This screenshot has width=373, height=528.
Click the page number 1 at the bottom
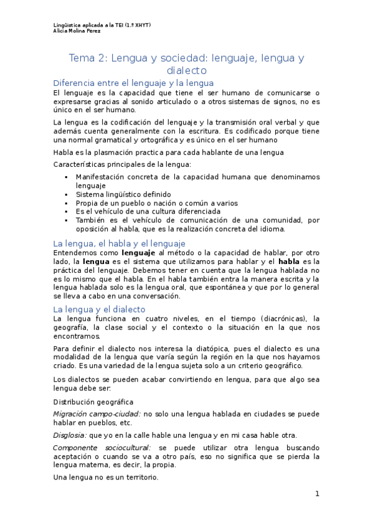click(317, 494)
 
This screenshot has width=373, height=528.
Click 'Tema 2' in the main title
click(88, 59)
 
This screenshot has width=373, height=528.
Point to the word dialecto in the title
click(186, 71)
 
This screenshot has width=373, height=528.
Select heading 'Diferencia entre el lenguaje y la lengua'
click(133, 83)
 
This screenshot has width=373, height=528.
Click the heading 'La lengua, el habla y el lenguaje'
click(120, 243)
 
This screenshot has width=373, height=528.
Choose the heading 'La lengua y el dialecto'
click(99, 309)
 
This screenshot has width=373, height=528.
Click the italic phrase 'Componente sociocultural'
click(102, 448)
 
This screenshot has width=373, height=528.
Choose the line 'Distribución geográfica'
click(93, 402)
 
